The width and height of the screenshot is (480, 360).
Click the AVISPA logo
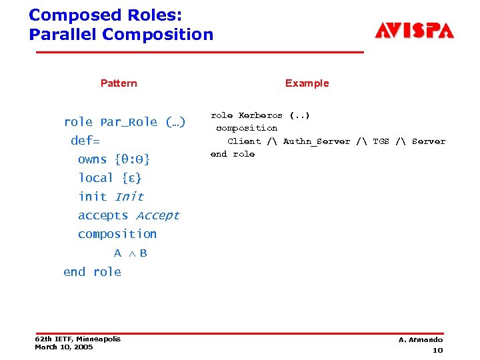coord(414,31)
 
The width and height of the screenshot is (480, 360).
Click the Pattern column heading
coord(119,83)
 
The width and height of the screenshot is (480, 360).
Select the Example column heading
coord(307,83)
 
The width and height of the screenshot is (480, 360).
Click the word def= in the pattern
coord(85,141)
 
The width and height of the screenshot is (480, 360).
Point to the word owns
coord(92,159)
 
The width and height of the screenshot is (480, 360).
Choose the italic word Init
coord(129,197)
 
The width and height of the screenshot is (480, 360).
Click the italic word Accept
coord(157,215)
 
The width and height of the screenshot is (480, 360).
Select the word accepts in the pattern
coord(103,215)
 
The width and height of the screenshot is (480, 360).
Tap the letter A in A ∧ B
coord(117,253)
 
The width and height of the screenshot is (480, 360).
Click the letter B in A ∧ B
coord(143,253)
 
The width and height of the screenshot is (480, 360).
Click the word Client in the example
coord(244,141)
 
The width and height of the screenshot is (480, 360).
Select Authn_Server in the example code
coord(317,141)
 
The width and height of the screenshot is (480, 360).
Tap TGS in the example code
coord(381,141)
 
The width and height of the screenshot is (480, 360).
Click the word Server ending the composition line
coord(429,141)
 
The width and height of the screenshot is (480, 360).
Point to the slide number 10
coord(437,350)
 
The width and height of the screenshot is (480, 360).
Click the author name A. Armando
coord(421,340)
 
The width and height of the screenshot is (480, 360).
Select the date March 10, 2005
coord(64,347)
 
